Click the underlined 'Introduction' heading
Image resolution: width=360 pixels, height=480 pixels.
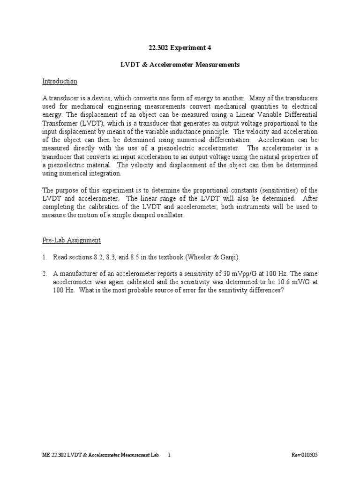pos(60,82)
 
